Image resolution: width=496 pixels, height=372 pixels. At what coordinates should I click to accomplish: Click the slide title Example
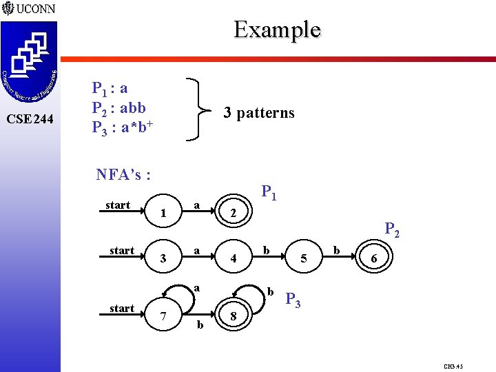[277, 30]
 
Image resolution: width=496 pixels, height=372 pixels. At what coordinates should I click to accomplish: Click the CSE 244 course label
[29, 119]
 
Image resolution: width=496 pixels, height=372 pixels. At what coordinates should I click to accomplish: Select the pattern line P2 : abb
[118, 107]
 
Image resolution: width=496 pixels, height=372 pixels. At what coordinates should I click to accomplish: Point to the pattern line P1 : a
[110, 89]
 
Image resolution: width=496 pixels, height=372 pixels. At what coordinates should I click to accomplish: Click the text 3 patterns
[258, 113]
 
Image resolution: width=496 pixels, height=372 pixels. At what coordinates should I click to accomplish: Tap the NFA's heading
[124, 176]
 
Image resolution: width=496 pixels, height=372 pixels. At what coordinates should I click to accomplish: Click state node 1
[163, 214]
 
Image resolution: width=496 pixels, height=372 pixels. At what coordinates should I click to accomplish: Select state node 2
[234, 214]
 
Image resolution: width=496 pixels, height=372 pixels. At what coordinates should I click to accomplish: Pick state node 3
[163, 259]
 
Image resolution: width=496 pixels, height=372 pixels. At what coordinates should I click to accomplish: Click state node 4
[234, 259]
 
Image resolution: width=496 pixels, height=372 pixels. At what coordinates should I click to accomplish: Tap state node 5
[304, 259]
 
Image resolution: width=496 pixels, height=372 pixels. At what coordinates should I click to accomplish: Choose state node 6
[373, 259]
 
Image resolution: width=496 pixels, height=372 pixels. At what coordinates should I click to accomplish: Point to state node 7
[163, 316]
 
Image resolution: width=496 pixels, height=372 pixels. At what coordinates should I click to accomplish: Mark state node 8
[234, 316]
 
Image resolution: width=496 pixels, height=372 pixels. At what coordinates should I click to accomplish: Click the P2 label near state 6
[393, 229]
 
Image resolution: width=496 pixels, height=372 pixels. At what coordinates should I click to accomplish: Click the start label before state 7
[122, 308]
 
